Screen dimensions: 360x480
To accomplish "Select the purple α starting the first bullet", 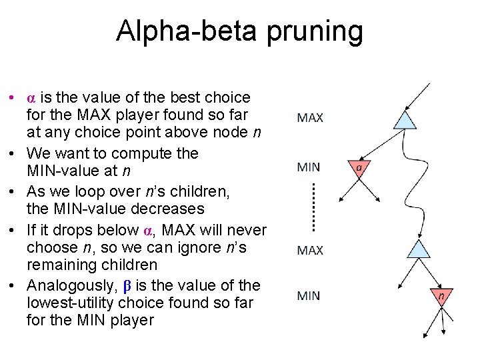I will click(31, 97).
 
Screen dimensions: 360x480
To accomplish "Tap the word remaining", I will click(62, 265).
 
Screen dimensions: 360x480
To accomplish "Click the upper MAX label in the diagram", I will click(310, 118).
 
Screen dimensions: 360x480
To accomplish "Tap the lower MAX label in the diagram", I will click(310, 251).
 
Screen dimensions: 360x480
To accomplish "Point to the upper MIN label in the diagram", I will click(309, 167).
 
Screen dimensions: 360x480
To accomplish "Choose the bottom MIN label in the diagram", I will click(309, 295).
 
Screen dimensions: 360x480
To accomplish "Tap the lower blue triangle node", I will click(419, 250).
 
